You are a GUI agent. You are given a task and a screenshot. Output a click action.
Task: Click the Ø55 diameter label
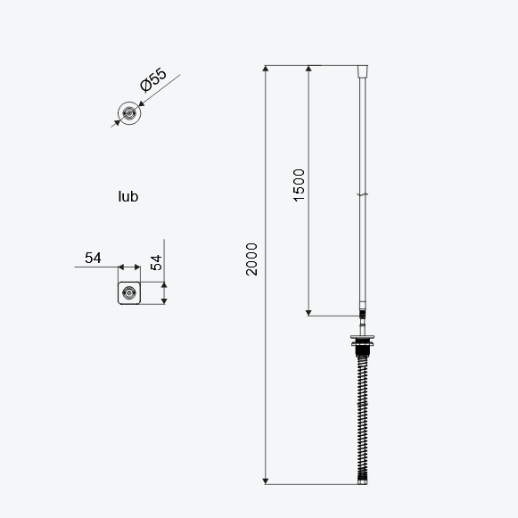point(153,79)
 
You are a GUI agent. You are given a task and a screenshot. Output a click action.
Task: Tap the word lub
point(128,196)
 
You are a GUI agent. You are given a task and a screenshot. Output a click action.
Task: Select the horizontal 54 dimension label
point(93,258)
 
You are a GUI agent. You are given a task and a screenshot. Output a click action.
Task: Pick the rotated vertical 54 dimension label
point(156,263)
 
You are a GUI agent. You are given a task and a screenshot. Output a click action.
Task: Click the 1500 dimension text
point(299,185)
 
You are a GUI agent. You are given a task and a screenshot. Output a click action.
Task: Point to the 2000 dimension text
point(251,259)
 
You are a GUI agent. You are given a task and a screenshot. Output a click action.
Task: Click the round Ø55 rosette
point(129,113)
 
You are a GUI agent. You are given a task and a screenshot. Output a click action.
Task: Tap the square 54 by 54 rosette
point(129,293)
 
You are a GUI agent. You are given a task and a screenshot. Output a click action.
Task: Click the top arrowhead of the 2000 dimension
point(266,69)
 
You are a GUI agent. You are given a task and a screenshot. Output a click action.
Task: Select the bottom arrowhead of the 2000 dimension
point(266,481)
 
